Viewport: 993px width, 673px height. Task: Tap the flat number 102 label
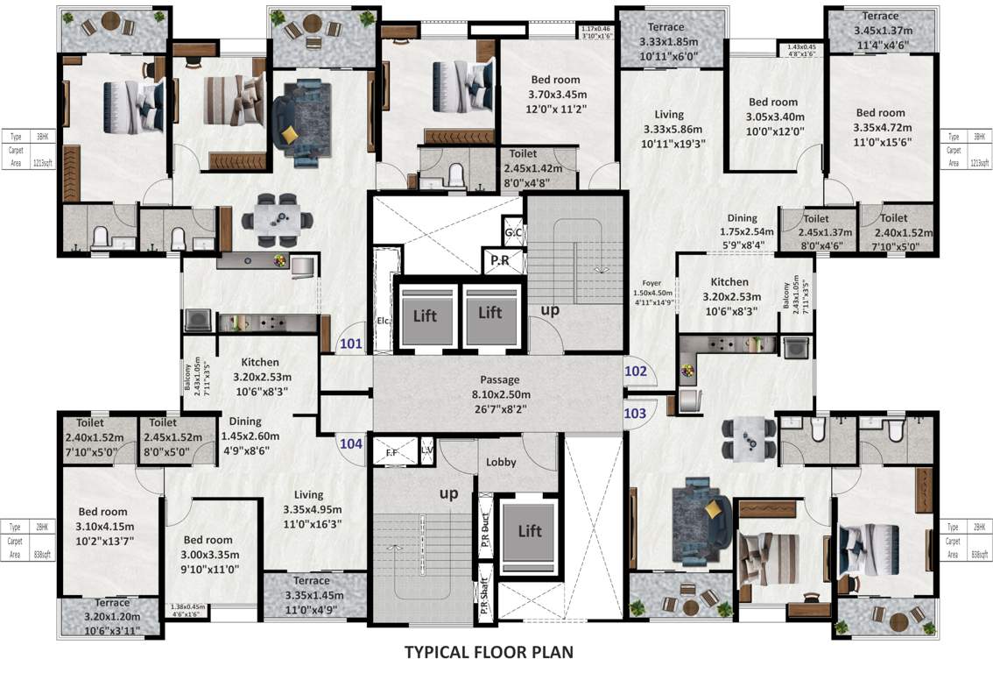click(636, 372)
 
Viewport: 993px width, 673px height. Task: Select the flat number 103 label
click(636, 413)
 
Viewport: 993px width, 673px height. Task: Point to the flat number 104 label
click(351, 443)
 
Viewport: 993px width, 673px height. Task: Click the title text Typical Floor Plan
click(489, 652)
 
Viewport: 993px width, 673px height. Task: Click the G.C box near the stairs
click(513, 234)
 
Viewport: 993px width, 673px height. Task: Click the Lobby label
click(501, 462)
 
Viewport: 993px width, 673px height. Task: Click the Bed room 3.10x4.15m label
click(103, 526)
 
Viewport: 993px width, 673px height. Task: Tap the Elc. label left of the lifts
click(383, 321)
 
